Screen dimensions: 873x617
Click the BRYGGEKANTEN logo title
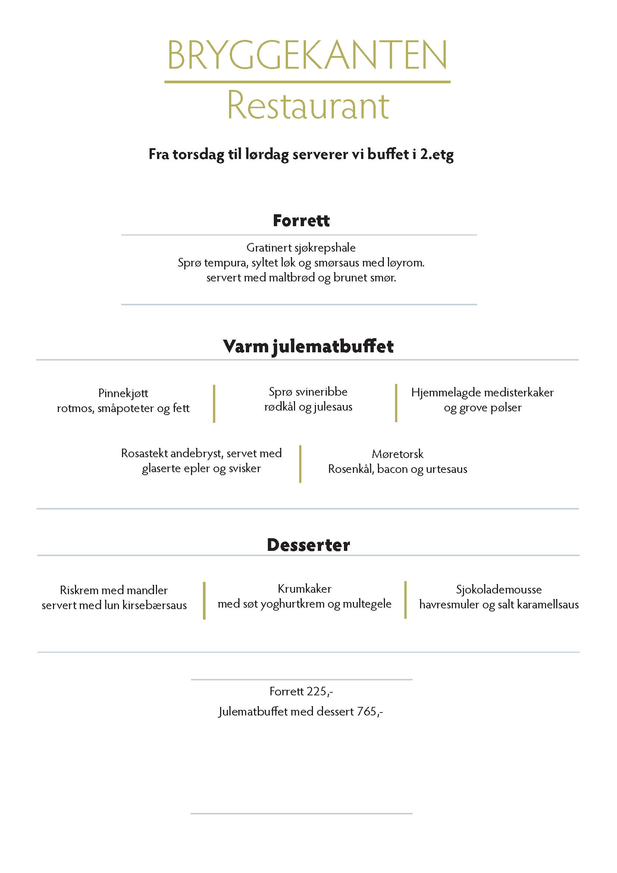click(x=307, y=56)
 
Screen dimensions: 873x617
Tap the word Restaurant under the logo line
click(x=308, y=105)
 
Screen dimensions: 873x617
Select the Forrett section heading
click(x=301, y=221)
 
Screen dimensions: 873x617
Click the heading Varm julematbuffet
click(x=308, y=346)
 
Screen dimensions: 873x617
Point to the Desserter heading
click(x=308, y=545)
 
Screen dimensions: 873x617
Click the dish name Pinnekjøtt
click(x=123, y=393)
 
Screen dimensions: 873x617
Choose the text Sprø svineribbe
click(x=308, y=392)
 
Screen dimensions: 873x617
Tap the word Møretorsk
click(x=397, y=454)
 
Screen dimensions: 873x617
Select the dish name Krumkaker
click(x=304, y=589)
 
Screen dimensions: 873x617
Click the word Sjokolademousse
click(x=499, y=589)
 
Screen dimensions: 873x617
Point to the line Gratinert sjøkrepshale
click(x=301, y=247)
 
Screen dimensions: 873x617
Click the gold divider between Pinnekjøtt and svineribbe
click(x=214, y=403)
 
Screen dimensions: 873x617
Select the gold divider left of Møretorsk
click(x=300, y=464)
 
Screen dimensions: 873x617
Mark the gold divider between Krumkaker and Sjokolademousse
click(x=405, y=600)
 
